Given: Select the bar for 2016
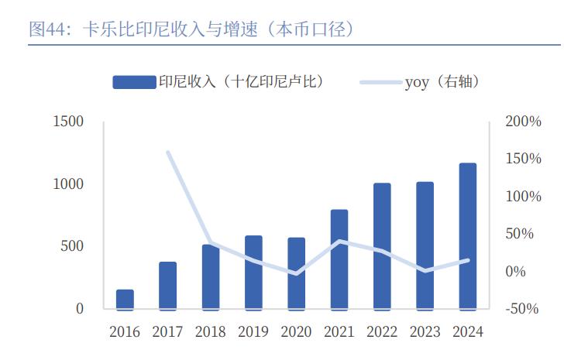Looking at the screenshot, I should click(125, 300).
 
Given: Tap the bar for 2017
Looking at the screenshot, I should click(168, 286).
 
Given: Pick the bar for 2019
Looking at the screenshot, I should click(253, 273).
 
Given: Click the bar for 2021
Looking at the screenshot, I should click(339, 259).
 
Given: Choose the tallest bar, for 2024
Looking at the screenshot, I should click(467, 236).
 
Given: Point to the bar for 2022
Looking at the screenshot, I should click(382, 246).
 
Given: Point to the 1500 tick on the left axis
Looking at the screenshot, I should click(68, 122).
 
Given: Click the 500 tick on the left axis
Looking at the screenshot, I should click(74, 246).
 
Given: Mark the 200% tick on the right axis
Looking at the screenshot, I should click(523, 122).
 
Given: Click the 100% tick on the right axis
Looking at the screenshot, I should click(523, 197).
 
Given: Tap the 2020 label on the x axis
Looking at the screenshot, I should click(296, 332).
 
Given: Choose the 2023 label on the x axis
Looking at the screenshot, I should click(425, 332).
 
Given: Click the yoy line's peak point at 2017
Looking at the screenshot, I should click(168, 152).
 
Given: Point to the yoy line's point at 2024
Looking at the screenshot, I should click(467, 260).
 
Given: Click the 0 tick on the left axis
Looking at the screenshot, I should click(80, 309).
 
